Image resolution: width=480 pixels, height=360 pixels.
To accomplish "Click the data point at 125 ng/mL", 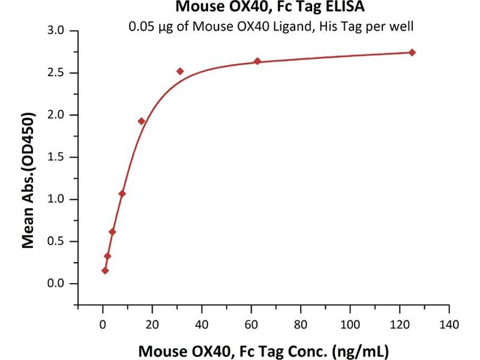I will [x=412, y=52].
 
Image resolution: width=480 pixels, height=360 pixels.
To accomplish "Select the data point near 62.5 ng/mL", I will [x=257, y=61].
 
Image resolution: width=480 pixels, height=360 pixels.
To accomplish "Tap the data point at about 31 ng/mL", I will [x=180, y=71].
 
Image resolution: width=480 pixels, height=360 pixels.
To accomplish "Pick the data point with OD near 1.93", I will [x=142, y=121].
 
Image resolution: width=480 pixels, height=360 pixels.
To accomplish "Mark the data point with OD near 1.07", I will [x=122, y=193].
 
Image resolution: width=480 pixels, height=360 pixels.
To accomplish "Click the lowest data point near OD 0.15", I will [x=105, y=271].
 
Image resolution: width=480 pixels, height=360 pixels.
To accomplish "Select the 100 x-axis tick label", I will [x=350, y=325].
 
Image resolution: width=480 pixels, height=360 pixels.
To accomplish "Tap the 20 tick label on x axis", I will [x=152, y=325].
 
